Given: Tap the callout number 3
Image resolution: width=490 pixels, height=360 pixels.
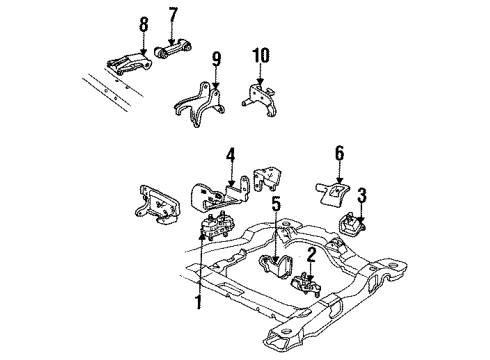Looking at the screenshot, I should pos(362,194).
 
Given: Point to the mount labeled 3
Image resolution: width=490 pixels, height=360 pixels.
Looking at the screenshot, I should pos(354,227).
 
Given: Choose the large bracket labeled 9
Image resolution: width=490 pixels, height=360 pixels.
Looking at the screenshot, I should pos(197,111).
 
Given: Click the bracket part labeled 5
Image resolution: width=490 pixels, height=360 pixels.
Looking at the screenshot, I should pos(274,268).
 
